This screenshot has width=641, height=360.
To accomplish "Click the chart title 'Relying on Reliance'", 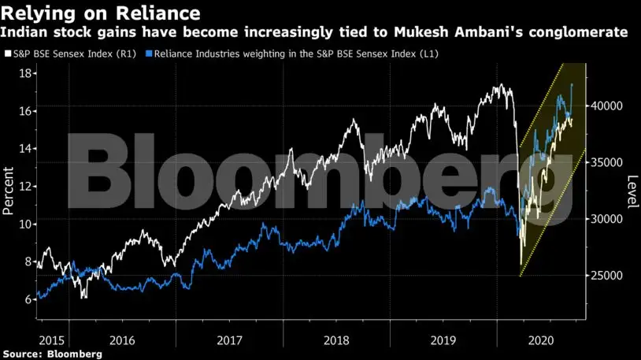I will pos(100,13).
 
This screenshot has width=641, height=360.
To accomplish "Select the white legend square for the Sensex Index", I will pos(7,54).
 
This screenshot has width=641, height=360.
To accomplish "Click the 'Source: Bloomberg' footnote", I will pos(51,354).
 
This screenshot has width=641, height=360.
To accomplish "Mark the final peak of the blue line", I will pos(571,84).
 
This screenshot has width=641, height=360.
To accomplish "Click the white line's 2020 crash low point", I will pos(521,265).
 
